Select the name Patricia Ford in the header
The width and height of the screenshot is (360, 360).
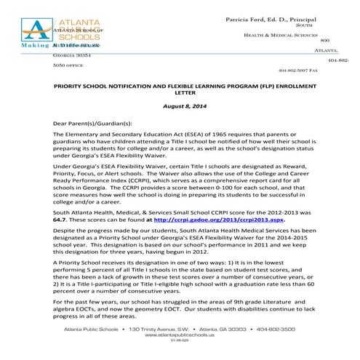tap(255, 16)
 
